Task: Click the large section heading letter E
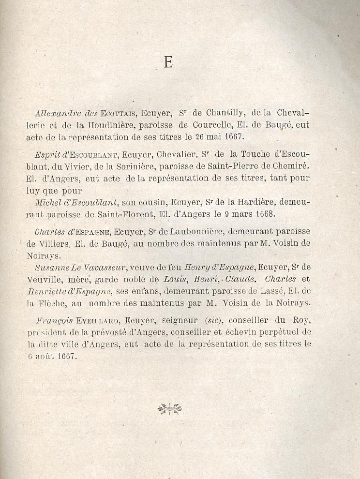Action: pos(168,62)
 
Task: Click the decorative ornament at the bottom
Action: pos(169,409)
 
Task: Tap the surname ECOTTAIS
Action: pos(119,114)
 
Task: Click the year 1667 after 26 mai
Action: pos(232,136)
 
